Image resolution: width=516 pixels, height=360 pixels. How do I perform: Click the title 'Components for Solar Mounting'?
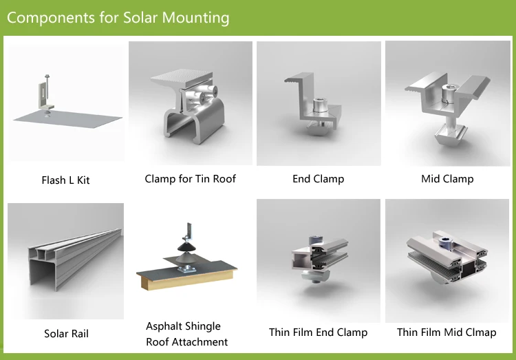point(118,17)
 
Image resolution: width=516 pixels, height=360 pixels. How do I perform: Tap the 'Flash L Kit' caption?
point(65,180)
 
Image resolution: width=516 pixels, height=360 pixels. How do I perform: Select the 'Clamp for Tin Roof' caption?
point(190,179)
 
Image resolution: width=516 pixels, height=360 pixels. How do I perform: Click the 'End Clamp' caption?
point(318,179)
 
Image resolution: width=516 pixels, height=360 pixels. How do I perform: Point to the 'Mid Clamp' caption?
point(447,179)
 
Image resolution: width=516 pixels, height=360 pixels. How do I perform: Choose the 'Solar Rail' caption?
point(66,334)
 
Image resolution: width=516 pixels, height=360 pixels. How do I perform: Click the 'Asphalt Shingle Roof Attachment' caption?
point(186,334)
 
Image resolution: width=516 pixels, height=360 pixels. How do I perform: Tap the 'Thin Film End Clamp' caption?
point(318,332)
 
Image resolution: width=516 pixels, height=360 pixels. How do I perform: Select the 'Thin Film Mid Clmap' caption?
point(447,332)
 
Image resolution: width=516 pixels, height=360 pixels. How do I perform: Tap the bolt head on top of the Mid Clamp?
point(448,90)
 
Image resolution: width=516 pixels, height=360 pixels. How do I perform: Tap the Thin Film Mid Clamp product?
point(447,258)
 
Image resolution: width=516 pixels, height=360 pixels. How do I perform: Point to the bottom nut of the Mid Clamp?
point(448,135)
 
